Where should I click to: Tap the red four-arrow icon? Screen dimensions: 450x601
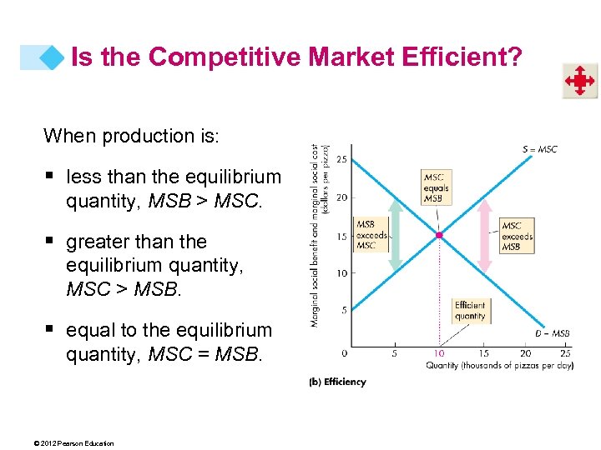point(578,82)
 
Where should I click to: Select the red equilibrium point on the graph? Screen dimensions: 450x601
point(440,236)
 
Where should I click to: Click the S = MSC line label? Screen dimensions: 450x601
point(539,150)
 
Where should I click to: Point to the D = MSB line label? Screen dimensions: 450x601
point(552,334)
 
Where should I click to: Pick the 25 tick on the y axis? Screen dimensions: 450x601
point(342,159)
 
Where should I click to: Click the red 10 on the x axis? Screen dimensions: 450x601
point(439,353)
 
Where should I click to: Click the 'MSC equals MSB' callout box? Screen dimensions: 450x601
point(436,187)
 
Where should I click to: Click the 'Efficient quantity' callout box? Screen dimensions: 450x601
point(470,310)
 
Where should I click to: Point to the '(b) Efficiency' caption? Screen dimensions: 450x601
point(337,382)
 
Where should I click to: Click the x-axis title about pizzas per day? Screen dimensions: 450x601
point(499,366)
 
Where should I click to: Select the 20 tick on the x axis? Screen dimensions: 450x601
point(528,353)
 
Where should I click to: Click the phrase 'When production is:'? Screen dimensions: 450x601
point(131,136)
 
